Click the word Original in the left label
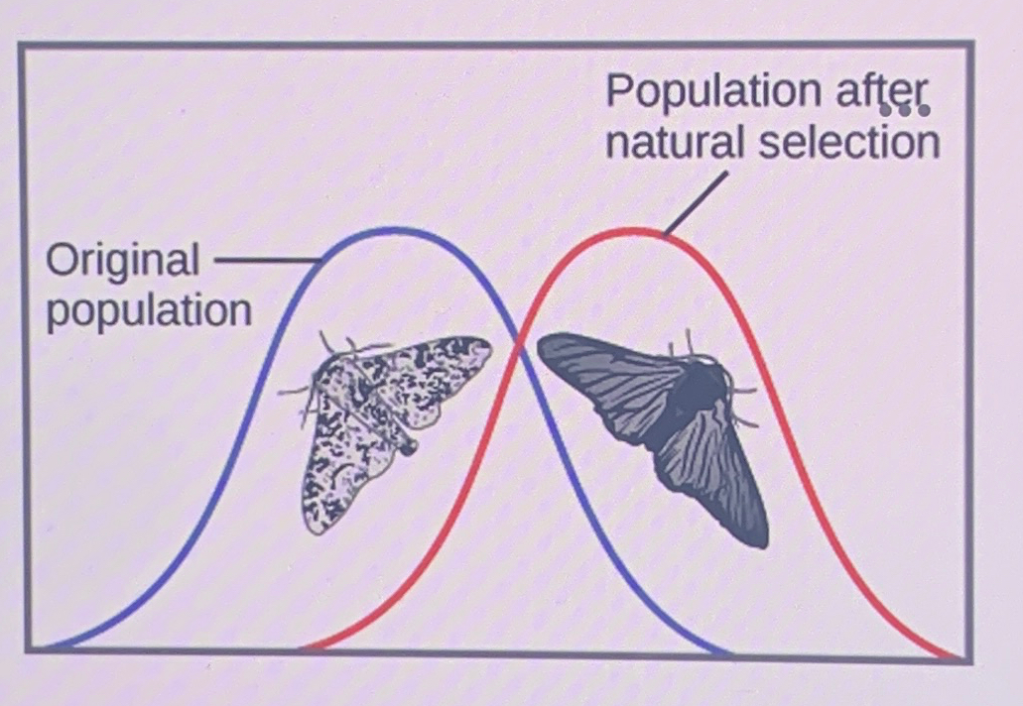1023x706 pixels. point(122,262)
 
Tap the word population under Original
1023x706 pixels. point(149,311)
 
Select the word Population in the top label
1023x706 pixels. point(708,93)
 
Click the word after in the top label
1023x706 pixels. point(879,93)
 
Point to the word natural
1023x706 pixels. point(676,144)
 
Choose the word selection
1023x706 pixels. point(849,144)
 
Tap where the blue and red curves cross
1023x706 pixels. point(517,340)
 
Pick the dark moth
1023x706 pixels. point(665,416)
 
